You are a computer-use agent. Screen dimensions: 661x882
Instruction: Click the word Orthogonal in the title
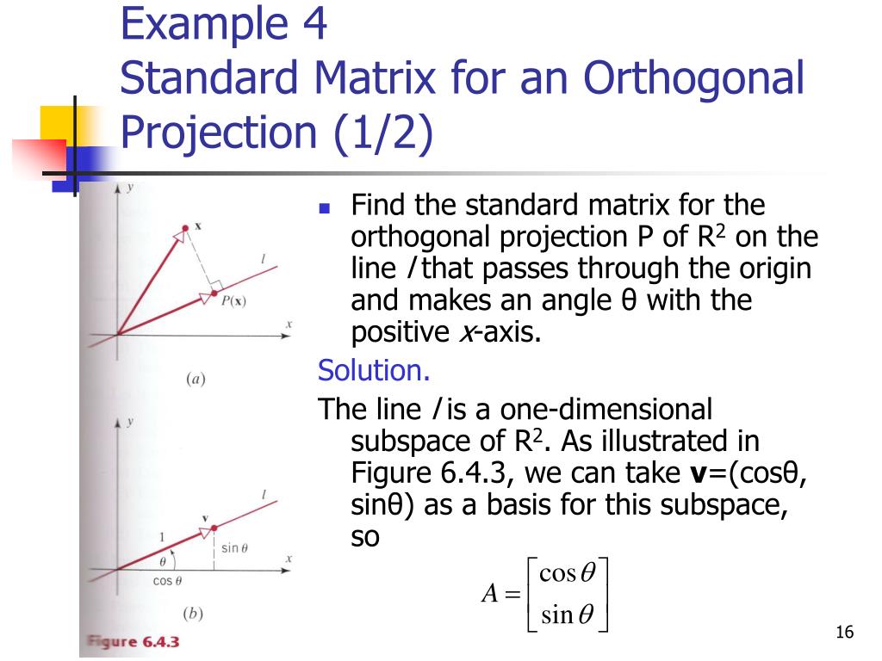(x=693, y=78)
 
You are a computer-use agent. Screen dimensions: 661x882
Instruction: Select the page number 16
(x=844, y=633)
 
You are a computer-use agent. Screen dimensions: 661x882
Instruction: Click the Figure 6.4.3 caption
(x=134, y=642)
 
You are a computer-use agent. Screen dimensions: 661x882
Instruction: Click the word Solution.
(x=373, y=371)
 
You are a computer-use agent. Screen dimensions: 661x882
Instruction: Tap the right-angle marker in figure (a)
(x=216, y=283)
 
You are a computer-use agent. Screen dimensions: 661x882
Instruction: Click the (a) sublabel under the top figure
(x=196, y=378)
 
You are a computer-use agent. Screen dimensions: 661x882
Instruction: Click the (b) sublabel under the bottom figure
(x=196, y=614)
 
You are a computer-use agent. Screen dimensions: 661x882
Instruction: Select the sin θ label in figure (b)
(x=233, y=548)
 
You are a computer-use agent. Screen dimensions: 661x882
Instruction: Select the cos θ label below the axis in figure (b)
(x=167, y=580)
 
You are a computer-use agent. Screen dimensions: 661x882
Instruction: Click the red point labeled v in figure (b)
(x=212, y=528)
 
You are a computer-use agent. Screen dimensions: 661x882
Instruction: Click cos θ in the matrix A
(x=563, y=574)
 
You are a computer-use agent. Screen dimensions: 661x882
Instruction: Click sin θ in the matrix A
(x=563, y=615)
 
